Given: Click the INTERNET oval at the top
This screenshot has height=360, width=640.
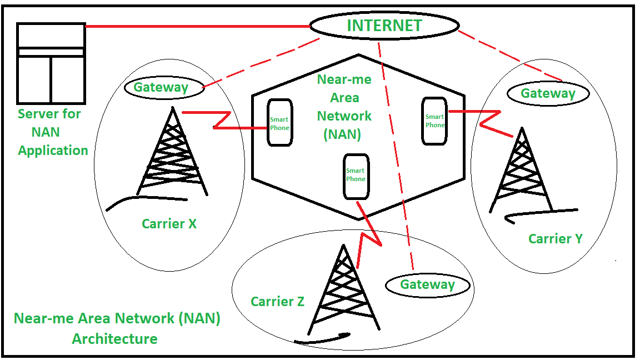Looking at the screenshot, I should [384, 26].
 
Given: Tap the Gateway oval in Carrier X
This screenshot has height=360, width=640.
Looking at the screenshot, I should [161, 87].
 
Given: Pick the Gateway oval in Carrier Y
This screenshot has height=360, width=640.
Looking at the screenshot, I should [548, 93].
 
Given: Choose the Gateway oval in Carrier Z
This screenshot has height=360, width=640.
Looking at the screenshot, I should [428, 285].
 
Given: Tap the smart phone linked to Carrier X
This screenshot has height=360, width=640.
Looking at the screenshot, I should [279, 123].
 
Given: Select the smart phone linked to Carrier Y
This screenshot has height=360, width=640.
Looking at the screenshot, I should [434, 121].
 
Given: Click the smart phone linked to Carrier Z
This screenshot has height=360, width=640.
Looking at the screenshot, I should [356, 176].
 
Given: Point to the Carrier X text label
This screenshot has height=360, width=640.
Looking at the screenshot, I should [169, 224].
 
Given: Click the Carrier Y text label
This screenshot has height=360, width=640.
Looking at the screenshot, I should [555, 239].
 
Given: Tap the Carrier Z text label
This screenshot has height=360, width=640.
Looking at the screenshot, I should [277, 302].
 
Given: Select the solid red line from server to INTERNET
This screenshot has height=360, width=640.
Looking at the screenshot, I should [197, 26].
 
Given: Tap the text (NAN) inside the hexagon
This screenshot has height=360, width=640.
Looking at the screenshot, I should [342, 134].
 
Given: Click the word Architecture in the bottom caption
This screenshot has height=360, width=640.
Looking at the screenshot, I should [114, 338].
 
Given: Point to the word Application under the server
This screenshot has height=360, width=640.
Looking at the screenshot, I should [53, 151].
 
